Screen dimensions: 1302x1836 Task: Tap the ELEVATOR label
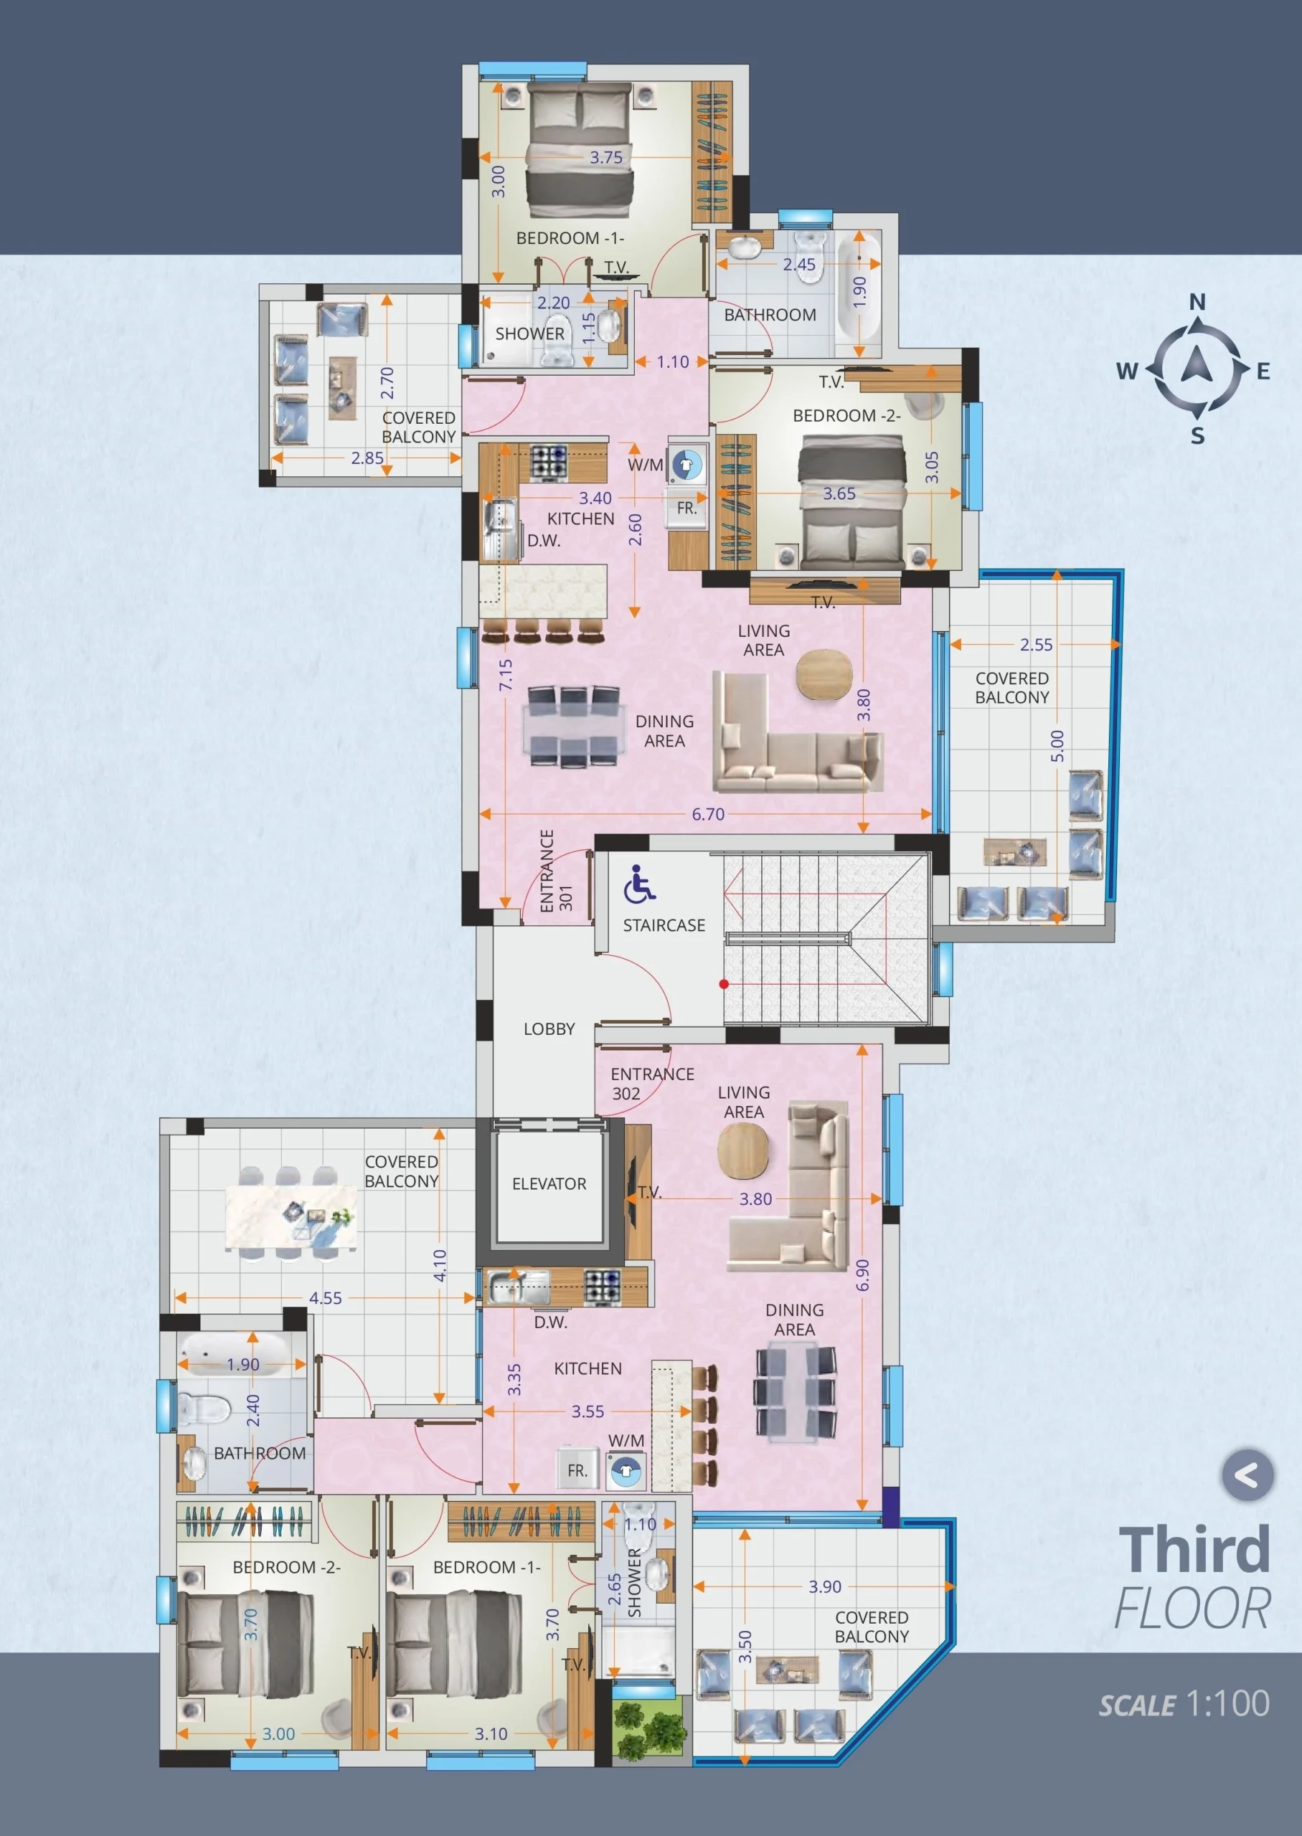[549, 1183]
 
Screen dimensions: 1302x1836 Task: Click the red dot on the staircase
[724, 984]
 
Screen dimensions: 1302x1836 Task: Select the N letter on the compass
[1197, 301]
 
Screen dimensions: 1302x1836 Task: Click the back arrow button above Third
[1247, 1475]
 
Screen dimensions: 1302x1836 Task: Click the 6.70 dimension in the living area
[708, 814]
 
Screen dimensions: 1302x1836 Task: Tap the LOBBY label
[549, 1029]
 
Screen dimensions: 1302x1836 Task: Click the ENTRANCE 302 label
[653, 1084]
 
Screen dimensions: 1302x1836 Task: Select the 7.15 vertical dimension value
[505, 675]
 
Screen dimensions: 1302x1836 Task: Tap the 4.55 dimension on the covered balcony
[326, 1298]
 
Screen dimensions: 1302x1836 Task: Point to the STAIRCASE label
[664, 926]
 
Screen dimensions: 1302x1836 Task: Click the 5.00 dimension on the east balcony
[1057, 746]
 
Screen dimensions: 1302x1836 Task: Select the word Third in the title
[1194, 1550]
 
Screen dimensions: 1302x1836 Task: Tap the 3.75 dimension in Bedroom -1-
[606, 158]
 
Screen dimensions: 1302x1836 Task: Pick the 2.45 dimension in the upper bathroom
[799, 265]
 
